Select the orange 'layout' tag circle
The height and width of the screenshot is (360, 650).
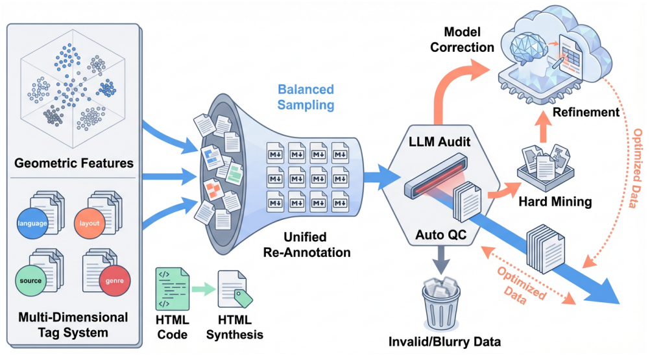pos(90,223)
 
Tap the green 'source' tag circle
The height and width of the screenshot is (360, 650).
pos(31,280)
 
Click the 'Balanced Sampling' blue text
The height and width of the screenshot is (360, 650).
pos(306,96)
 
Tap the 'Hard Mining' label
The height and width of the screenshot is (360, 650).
pos(555,201)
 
